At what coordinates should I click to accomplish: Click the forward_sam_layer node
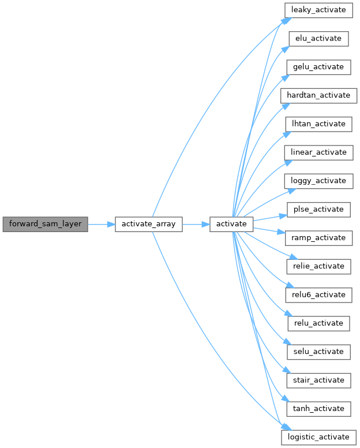pos(45,223)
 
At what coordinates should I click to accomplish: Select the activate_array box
pos(149,223)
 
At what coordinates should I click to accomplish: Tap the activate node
pos(231,223)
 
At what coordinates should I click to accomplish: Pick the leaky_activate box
pos(318,10)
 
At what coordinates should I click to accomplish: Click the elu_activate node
pos(318,39)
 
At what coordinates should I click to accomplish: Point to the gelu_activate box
pos(318,67)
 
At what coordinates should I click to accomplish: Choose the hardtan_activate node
pos(318,95)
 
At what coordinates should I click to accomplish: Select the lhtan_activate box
pos(318,124)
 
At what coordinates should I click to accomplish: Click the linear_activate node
pos(318,152)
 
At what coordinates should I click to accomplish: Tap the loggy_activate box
pos(318,181)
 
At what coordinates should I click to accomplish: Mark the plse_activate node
pos(318,209)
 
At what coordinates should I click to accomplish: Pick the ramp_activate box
pos(318,237)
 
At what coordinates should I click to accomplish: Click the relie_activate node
pos(318,266)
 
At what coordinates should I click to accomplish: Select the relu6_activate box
pos(318,294)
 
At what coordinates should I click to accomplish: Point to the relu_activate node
pos(318,323)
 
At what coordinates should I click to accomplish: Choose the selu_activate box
pos(318,351)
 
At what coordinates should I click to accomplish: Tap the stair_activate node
pos(318,380)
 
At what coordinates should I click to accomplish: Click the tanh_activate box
pos(318,408)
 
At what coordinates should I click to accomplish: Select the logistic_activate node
pos(318,436)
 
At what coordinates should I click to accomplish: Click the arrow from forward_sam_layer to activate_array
pos(102,223)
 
